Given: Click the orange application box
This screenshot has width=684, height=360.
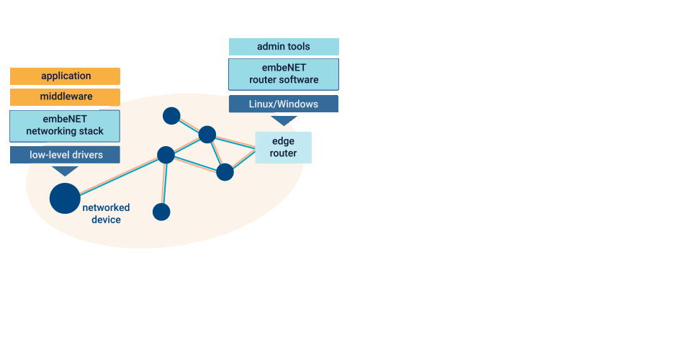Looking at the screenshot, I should (x=65, y=76).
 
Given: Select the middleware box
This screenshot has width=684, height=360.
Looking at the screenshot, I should (x=65, y=97).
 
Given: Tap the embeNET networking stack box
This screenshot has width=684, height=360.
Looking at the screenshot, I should (x=65, y=126).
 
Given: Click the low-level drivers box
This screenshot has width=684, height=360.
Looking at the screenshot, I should (x=65, y=155).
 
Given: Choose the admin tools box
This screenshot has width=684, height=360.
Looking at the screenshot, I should (x=284, y=47).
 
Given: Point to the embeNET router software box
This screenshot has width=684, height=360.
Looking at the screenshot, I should (x=284, y=73).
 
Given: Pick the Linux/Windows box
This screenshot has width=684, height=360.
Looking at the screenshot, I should (x=284, y=104).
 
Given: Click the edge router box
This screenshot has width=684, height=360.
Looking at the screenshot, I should (x=284, y=147).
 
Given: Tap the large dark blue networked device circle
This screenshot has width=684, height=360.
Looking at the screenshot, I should (x=65, y=198).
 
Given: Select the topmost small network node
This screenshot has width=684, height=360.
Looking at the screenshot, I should (x=171, y=115).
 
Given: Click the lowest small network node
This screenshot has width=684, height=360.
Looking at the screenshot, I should (x=161, y=212).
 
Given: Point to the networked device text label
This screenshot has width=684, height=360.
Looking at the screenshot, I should (x=106, y=213).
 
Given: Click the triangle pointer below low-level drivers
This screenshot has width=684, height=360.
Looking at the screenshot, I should (x=66, y=171).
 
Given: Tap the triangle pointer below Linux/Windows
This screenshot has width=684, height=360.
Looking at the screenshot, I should (x=284, y=120).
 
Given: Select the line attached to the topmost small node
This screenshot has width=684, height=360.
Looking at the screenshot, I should (x=189, y=125).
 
